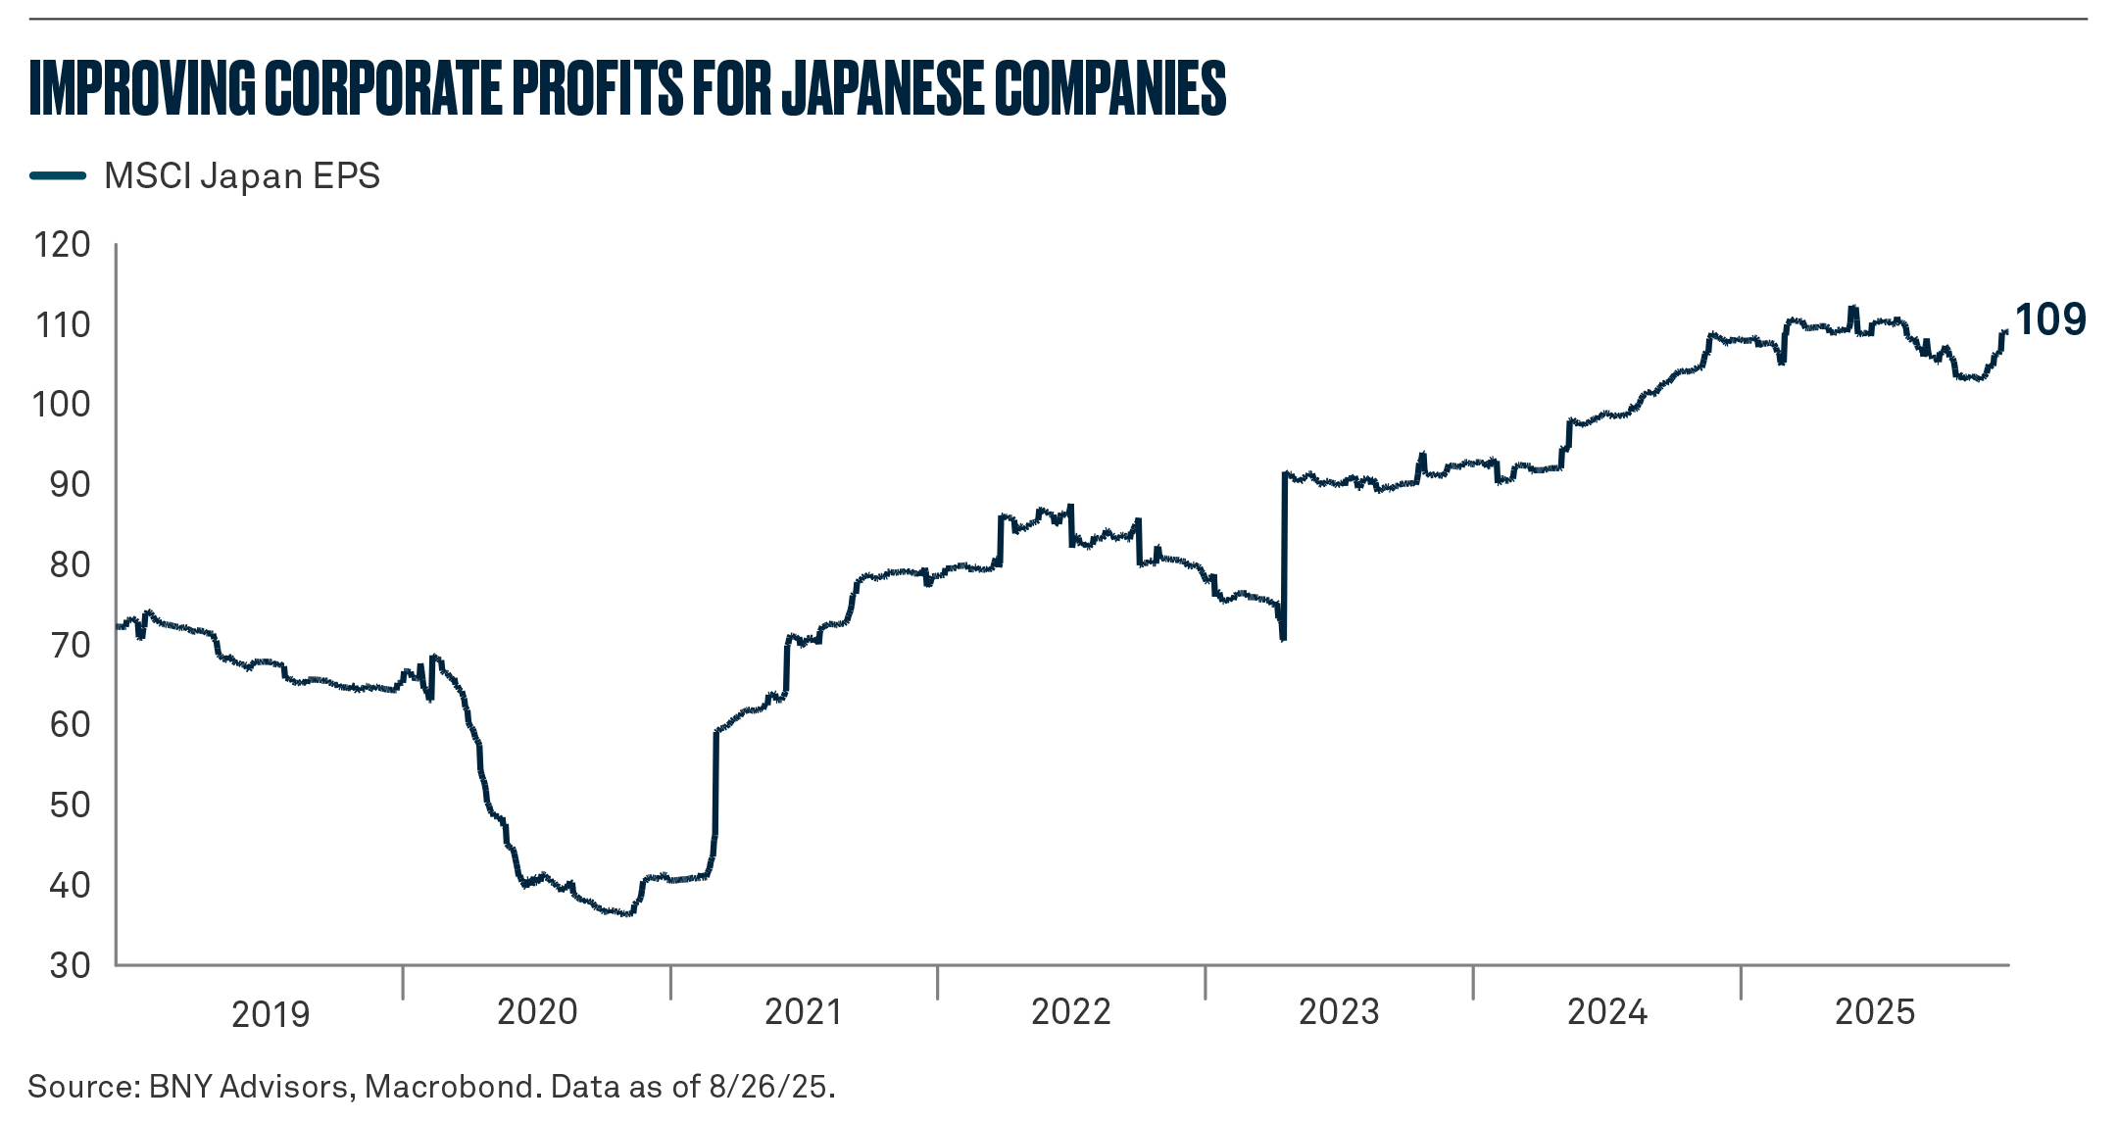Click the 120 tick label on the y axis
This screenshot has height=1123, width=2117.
point(62,245)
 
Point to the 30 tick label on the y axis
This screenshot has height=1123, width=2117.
point(70,966)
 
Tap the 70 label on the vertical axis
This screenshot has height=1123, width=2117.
point(70,646)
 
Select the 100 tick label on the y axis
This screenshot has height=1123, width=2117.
point(62,405)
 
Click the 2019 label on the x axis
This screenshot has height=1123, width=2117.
point(271,1015)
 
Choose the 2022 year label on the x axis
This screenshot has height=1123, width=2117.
point(1071,1012)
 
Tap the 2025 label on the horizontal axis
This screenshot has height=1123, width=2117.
point(1875,1012)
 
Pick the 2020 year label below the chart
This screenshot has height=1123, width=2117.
point(537,1012)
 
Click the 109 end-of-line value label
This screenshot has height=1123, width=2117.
point(2050,320)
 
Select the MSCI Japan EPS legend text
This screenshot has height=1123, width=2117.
point(242,176)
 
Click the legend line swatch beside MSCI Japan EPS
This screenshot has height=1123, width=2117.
point(58,176)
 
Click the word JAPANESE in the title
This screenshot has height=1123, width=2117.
point(882,88)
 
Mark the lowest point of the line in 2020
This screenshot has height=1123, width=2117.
point(627,913)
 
